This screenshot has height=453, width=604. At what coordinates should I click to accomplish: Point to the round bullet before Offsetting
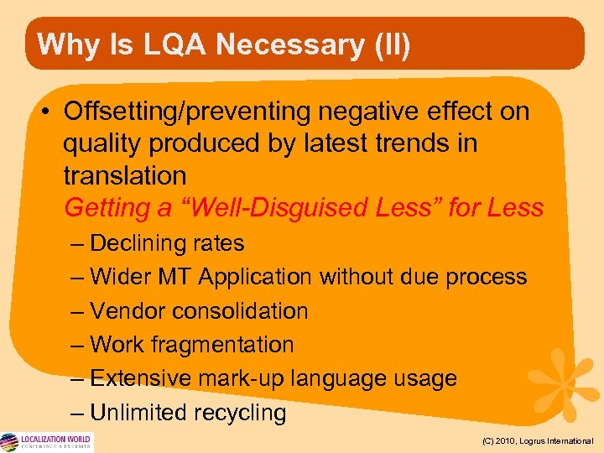48,112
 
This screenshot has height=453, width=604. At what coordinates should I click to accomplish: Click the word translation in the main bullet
125,175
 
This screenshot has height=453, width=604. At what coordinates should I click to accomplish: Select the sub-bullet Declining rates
166,243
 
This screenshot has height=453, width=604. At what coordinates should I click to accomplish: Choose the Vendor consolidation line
198,310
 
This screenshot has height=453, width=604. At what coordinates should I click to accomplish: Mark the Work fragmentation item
191,345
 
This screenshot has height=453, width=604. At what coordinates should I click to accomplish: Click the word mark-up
238,378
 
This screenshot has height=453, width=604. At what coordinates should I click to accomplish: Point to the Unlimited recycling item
187,413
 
